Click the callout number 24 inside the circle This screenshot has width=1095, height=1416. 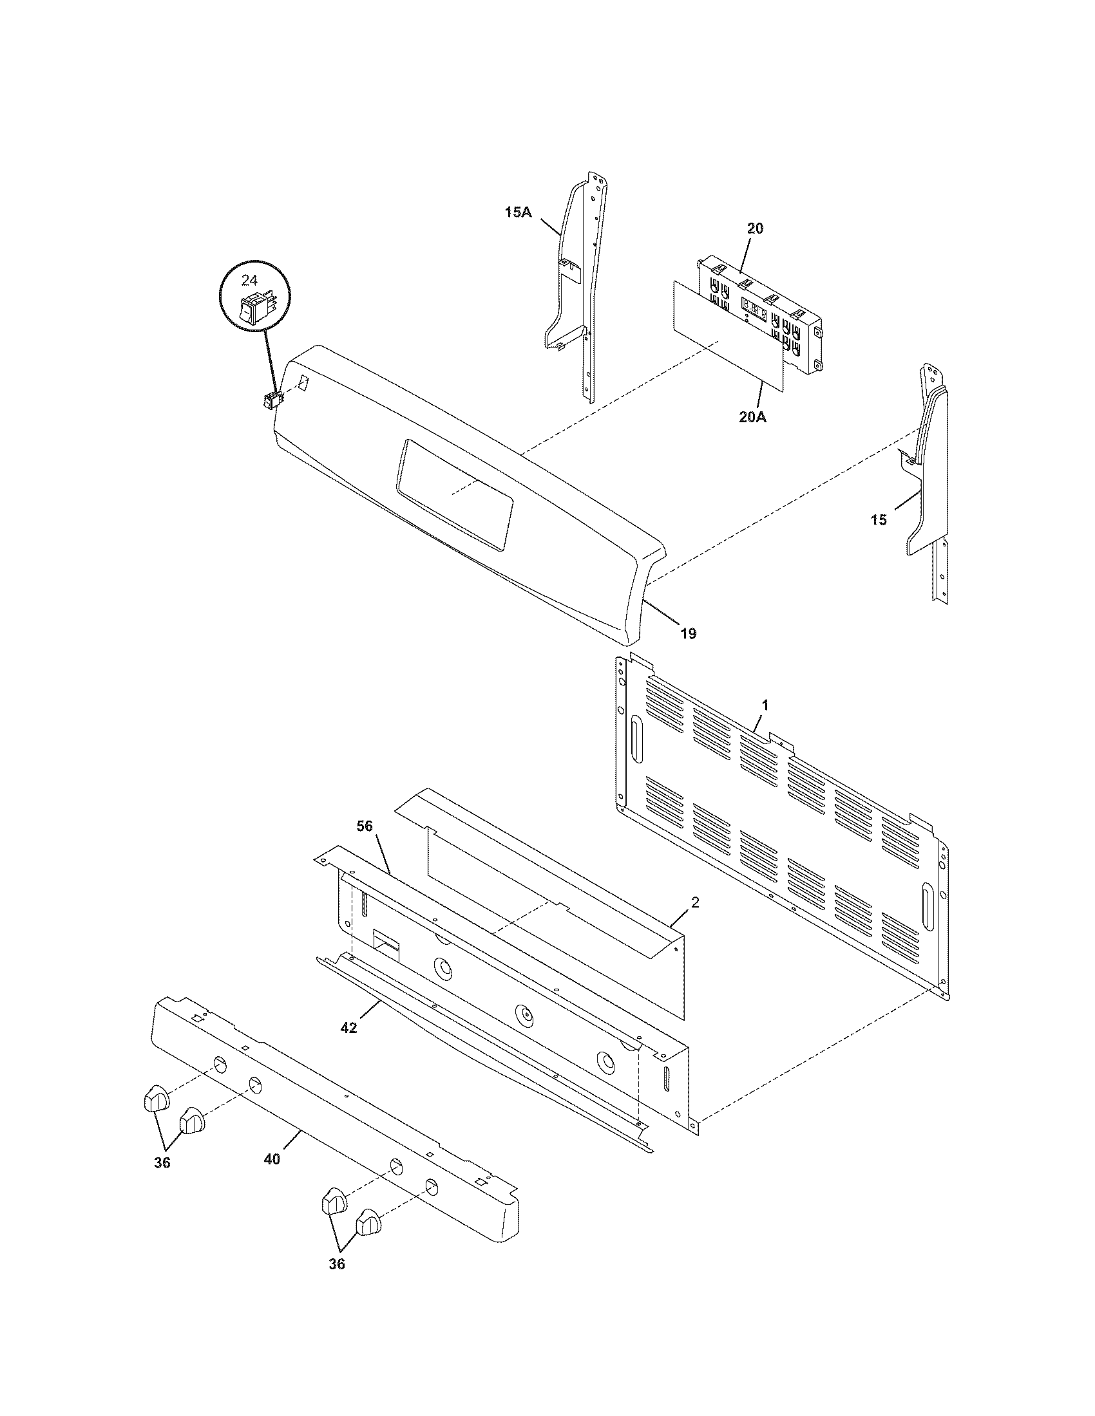click(x=249, y=280)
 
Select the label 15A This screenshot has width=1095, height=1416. click(x=519, y=211)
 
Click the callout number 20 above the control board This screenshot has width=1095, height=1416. click(x=755, y=228)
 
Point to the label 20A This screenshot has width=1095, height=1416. click(x=752, y=417)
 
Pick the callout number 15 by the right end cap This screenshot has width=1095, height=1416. click(x=879, y=520)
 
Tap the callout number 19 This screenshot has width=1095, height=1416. click(x=689, y=633)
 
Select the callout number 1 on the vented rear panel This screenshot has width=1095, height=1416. click(x=765, y=704)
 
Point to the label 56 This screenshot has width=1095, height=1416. click(x=365, y=825)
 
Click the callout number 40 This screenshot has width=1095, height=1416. click(x=272, y=1159)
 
